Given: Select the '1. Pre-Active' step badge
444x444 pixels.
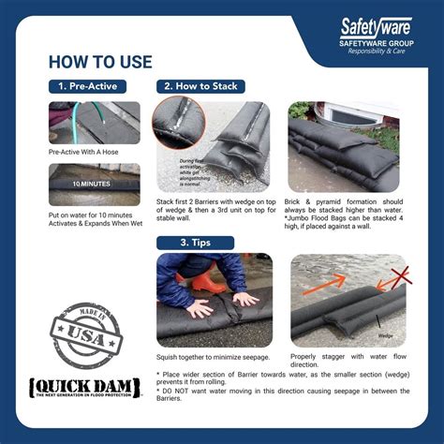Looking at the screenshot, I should coord(88,86).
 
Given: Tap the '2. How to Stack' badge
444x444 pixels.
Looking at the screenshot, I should coord(200,86).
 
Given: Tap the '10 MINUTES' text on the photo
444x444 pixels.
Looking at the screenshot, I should coord(91,184).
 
